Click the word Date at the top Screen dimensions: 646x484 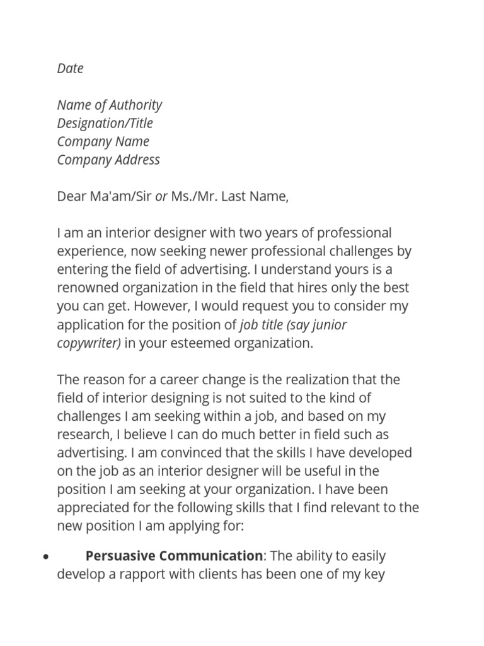(70, 68)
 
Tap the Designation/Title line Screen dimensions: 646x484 (105, 123)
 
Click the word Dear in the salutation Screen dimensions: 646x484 (71, 196)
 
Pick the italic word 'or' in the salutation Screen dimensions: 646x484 (161, 196)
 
